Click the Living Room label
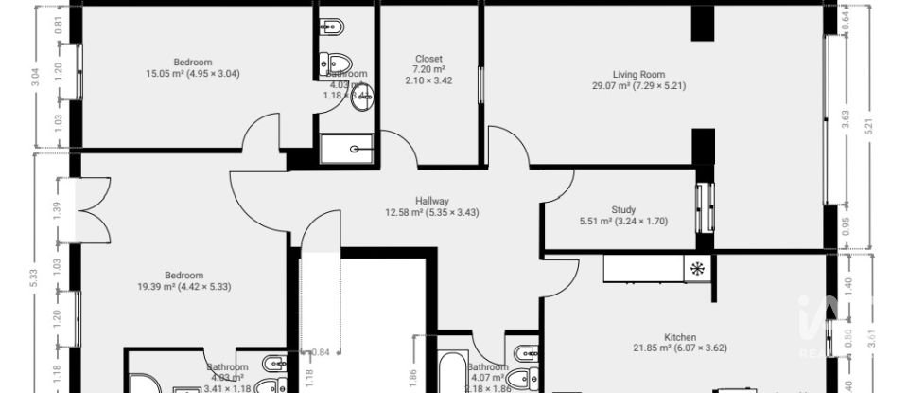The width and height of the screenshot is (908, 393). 639,74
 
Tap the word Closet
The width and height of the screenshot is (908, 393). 428,59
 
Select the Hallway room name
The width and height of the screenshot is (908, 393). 431,200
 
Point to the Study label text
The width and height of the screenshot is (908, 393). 623,209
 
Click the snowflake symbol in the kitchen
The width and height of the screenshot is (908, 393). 697,268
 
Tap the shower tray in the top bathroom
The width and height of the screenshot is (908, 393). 346,149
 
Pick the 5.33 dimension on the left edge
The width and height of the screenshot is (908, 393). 35,277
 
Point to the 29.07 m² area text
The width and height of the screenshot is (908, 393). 612,85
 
